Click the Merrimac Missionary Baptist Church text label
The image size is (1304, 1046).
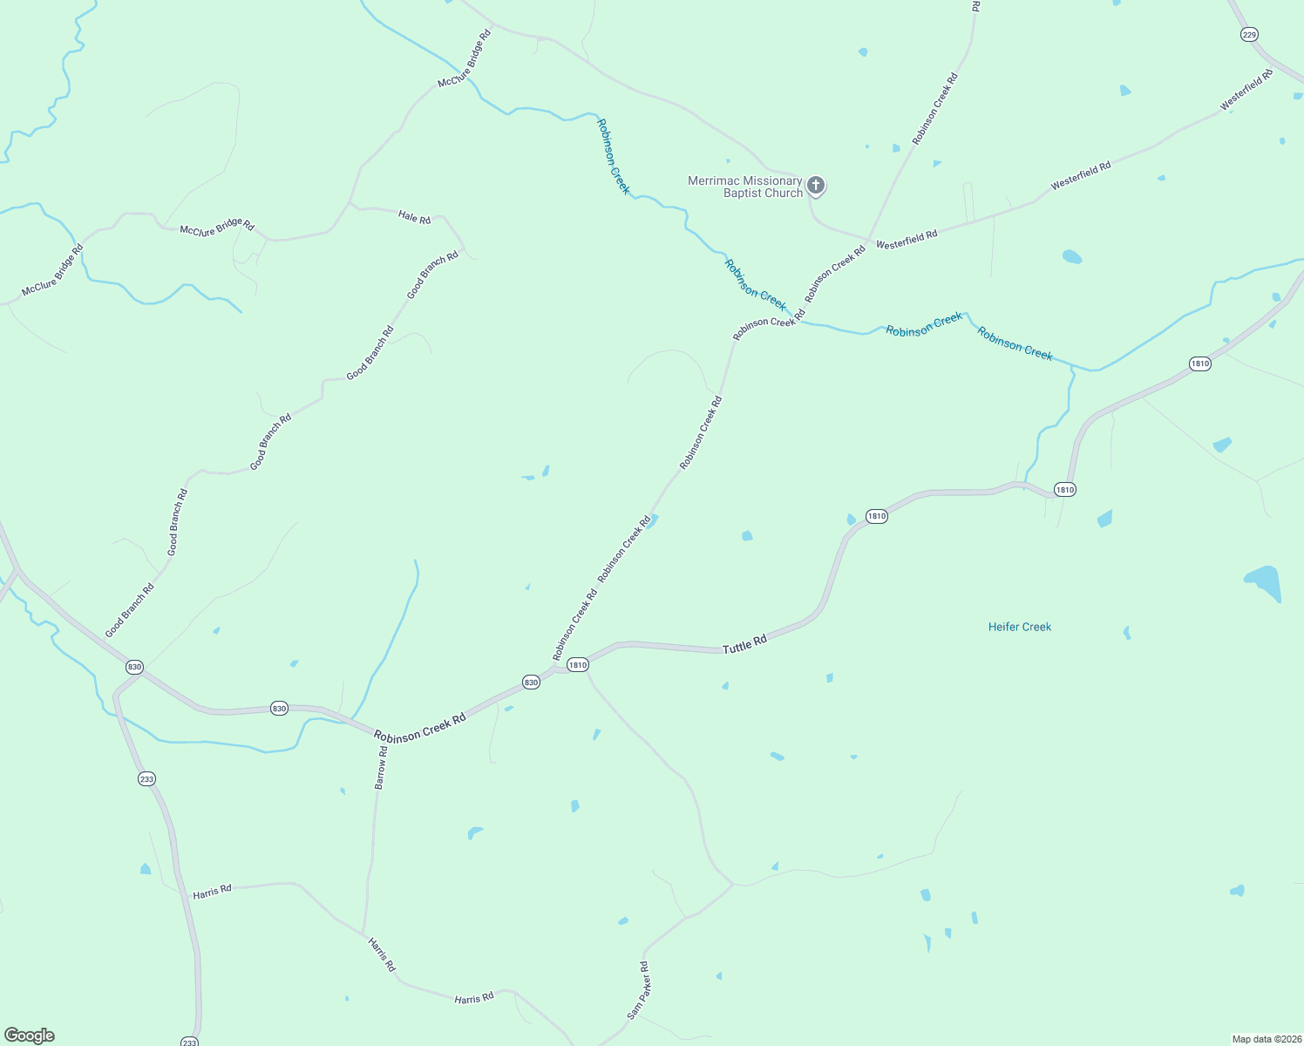(x=744, y=187)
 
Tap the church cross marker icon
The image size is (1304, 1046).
(x=816, y=185)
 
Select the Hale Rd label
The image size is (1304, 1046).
(x=414, y=216)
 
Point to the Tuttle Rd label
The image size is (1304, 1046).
(x=744, y=644)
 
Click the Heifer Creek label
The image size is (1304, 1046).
(x=1019, y=627)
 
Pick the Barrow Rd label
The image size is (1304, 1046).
(x=381, y=767)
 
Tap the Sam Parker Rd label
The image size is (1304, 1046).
(x=638, y=990)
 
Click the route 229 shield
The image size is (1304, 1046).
(x=1249, y=34)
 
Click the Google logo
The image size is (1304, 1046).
(x=30, y=1035)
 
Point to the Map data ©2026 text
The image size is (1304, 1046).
(x=1266, y=1039)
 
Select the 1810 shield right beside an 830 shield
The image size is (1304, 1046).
(x=577, y=664)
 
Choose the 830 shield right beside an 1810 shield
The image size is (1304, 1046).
(x=531, y=682)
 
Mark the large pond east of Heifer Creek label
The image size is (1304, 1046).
(x=1264, y=581)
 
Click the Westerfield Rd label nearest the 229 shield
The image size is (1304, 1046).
(x=1246, y=89)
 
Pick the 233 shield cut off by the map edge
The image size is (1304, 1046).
(x=190, y=1042)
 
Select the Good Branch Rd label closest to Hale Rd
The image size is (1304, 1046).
(x=432, y=275)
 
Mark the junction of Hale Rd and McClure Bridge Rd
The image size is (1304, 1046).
(x=350, y=204)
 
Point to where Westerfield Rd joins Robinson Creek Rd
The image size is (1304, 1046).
(x=868, y=240)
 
